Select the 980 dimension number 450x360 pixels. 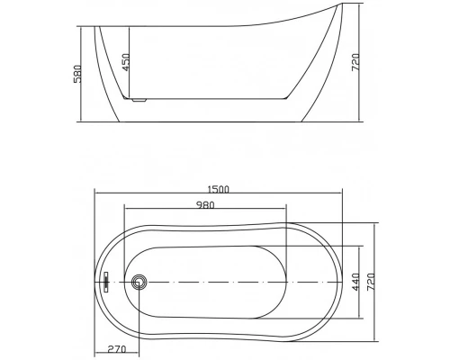pyautogui.click(x=206, y=205)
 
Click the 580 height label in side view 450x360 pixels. pyautogui.click(x=77, y=72)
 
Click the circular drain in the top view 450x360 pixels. pyautogui.click(x=138, y=282)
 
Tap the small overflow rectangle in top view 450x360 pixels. pyautogui.click(x=106, y=282)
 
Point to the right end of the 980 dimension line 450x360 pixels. pyautogui.click(x=286, y=212)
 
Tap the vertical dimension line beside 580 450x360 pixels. pyautogui.click(x=84, y=72)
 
